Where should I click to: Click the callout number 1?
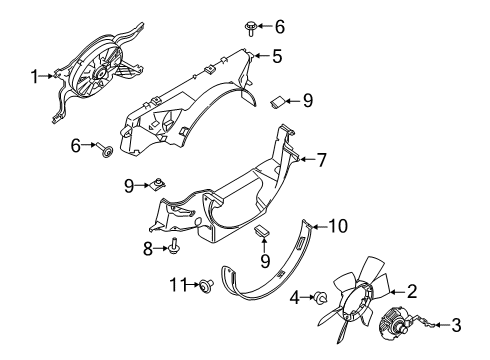34,76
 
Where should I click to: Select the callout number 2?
412,291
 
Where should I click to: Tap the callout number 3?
456,325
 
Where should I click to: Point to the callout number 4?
295,298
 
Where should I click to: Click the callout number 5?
277,56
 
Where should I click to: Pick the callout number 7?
321,160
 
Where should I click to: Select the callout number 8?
148,249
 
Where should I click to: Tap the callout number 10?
338,226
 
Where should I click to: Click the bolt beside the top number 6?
250,28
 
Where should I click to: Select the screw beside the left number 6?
105,150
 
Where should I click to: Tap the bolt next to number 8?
174,245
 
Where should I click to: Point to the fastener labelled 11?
205,285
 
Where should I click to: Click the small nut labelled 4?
321,296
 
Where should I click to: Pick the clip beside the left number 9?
158,183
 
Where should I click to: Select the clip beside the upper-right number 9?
277,102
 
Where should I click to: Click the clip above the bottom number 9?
262,231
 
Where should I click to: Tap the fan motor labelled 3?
392,323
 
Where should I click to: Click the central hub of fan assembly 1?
99,74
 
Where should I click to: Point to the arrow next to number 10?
320,227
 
